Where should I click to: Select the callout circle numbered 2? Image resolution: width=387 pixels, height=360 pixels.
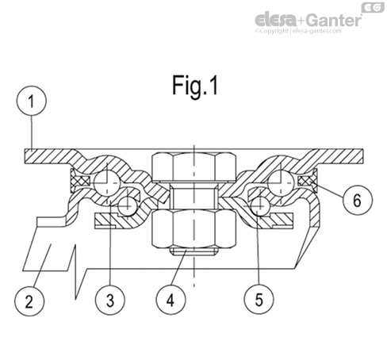tap(30, 301)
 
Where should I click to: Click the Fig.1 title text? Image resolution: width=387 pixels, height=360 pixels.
tap(193, 86)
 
